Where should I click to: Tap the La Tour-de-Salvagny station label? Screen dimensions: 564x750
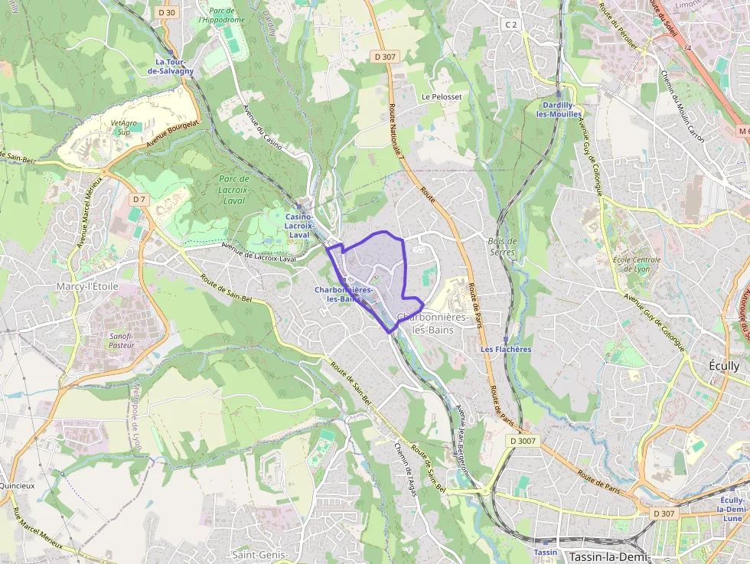pos(174,66)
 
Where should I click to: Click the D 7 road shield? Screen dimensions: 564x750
pos(138,199)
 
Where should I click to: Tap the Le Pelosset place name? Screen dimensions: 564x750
pos(442,97)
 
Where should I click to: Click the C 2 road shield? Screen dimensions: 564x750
pos(511,24)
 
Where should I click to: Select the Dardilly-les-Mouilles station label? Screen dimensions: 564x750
pos(560,109)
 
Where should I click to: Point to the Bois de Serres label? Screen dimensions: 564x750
pos(502,246)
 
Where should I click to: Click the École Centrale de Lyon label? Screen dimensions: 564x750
pos(636,264)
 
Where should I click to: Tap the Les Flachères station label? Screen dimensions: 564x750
pos(506,349)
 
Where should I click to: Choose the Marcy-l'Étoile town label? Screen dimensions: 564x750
pos(87,286)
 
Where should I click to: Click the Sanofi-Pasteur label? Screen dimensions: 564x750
pos(122,340)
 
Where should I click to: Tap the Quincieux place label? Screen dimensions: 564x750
pos(17,485)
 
